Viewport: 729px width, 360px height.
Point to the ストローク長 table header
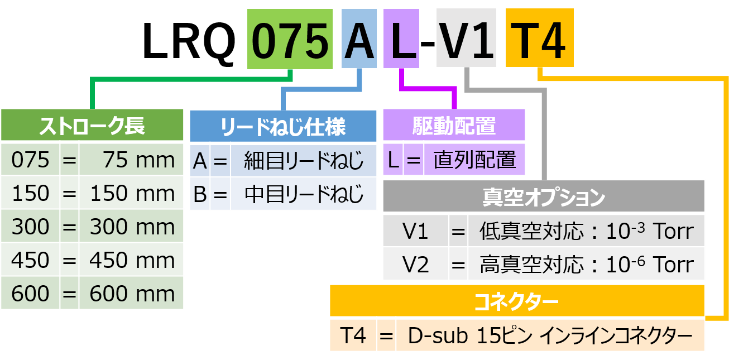point(92,126)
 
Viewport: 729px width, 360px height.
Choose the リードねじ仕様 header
point(283,127)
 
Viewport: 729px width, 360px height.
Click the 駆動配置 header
point(453,126)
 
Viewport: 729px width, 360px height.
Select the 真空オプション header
point(543,197)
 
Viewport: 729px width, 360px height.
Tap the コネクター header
point(516,302)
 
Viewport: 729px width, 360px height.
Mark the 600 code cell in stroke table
point(30,294)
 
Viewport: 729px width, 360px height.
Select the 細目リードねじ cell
point(303,161)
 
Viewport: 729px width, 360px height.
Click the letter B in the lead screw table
point(200,194)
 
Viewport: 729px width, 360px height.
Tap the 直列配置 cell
point(474,161)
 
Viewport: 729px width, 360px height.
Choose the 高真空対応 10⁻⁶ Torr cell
point(586,265)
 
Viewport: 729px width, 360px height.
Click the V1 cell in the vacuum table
point(415,231)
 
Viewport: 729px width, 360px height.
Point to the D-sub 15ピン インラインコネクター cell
point(550,336)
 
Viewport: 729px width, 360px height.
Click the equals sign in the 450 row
point(69,261)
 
